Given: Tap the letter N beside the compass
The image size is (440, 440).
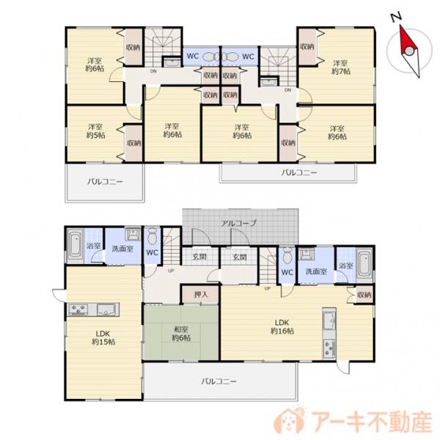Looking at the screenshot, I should point(395,16).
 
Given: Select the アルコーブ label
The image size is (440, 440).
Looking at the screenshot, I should point(239,222).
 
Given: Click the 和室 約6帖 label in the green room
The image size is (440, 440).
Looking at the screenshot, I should point(181,333).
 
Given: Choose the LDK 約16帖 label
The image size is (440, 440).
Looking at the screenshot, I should point(285,326).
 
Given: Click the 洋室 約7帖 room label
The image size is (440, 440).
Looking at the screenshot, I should point(341,67).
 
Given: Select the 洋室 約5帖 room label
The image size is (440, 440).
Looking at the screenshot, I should point(95,131).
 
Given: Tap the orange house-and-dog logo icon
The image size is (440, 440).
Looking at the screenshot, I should point(287,420).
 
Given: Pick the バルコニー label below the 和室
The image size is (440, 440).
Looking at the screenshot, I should point(219,381).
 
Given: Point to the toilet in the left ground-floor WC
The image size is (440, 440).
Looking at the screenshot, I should point(152,237).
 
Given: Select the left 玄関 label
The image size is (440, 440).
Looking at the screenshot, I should point(199,257).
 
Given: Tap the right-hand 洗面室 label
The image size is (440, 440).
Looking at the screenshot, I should point(315,271).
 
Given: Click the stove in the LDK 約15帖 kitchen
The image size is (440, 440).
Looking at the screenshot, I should point(78,309).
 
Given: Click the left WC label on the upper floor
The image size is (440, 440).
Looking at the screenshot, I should point(193,56).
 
